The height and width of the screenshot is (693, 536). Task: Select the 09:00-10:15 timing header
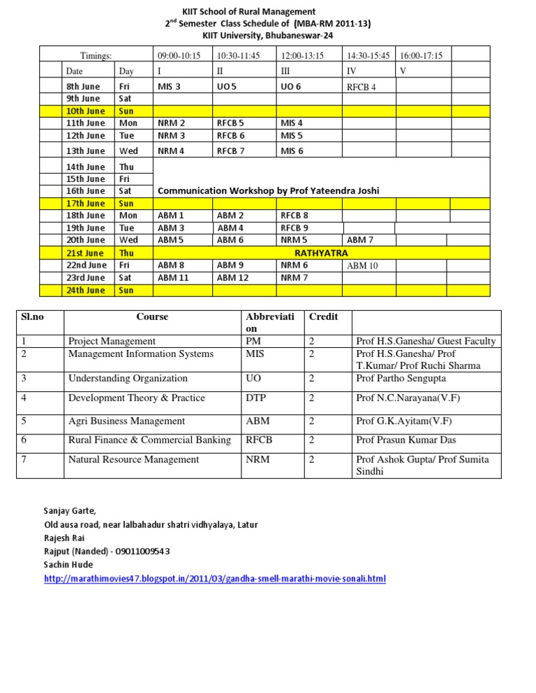[179, 56]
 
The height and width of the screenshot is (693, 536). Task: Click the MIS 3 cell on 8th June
[170, 86]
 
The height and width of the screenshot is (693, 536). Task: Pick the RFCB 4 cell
[362, 87]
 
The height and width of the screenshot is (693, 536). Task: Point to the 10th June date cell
[85, 112]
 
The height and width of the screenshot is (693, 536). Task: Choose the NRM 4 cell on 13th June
[172, 151]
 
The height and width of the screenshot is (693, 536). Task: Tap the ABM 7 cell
[360, 240]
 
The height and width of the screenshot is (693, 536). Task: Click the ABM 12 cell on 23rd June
[232, 277]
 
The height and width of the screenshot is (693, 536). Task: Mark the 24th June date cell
[85, 290]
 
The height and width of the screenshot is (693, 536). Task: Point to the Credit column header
[323, 317]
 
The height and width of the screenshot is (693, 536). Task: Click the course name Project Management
[112, 341]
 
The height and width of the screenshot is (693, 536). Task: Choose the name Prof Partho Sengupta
[402, 379]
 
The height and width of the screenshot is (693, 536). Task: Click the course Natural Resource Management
[133, 459]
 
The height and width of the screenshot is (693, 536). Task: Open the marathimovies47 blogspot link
[214, 579]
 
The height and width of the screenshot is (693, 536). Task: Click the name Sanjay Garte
[67, 511]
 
